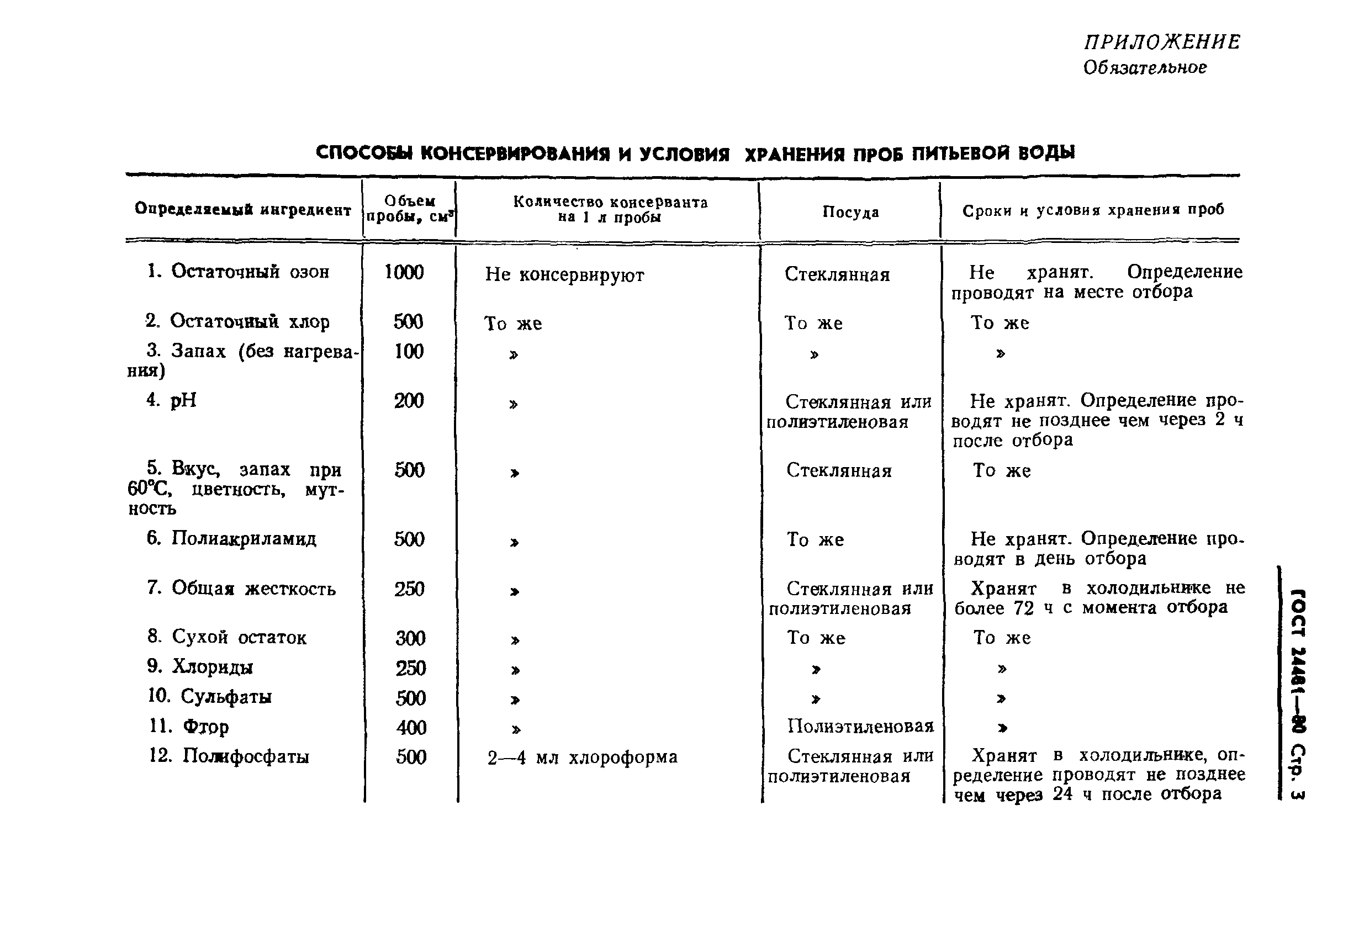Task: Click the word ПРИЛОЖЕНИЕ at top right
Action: point(1162,42)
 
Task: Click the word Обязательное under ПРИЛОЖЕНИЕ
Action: point(1145,68)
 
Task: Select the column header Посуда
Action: point(850,212)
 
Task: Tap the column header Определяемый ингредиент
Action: point(243,209)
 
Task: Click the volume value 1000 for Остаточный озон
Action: point(404,272)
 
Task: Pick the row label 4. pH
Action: point(171,400)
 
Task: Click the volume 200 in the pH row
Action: point(409,401)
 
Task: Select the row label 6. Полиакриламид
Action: point(231,538)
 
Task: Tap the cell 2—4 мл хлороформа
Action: point(582,757)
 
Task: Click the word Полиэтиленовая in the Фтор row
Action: point(860,726)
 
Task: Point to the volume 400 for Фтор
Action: point(411,727)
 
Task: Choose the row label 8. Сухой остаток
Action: point(227,637)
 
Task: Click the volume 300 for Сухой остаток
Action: point(411,638)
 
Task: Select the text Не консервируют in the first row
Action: point(564,275)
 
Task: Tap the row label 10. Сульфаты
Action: point(209,697)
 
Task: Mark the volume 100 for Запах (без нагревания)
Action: point(409,352)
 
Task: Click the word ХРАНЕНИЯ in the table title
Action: point(822,155)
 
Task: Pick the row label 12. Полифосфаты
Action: point(229,756)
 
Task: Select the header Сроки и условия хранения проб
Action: point(1093,210)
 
